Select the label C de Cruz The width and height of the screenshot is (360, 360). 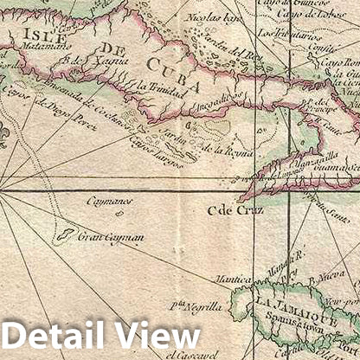point(228,209)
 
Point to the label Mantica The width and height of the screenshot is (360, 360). point(235,280)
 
